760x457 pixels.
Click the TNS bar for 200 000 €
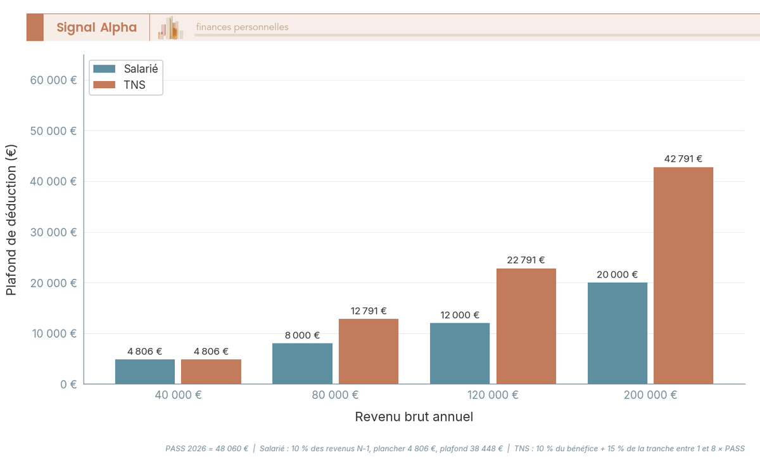tap(683, 276)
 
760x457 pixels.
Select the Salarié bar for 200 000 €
tap(617, 333)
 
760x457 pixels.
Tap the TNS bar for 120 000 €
tap(526, 326)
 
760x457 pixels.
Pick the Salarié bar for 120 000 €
tap(460, 354)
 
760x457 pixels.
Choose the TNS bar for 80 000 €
tap(369, 351)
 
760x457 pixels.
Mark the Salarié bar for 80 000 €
tap(302, 364)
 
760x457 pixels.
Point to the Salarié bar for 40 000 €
tap(145, 371)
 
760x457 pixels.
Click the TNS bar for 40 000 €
tap(211, 371)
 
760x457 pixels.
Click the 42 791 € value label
tap(683, 159)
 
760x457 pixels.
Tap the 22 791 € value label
tap(526, 260)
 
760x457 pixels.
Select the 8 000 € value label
tap(302, 335)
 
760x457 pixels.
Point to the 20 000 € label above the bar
tap(617, 274)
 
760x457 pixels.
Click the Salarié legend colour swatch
tap(104, 69)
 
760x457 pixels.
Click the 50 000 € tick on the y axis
tap(54, 131)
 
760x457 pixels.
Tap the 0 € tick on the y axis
tap(68, 384)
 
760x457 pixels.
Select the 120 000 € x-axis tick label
tap(493, 395)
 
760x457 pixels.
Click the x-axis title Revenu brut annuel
tap(414, 417)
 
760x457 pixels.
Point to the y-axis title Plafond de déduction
tap(11, 219)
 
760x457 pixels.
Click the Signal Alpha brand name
tap(96, 27)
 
